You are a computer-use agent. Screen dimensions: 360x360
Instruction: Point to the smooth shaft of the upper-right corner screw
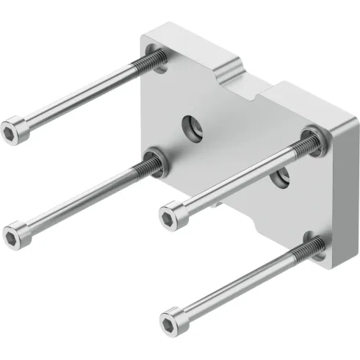(x=235, y=176)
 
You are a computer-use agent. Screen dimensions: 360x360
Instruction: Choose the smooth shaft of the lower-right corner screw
(x=235, y=285)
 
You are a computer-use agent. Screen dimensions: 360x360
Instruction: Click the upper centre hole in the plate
(x=193, y=125)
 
